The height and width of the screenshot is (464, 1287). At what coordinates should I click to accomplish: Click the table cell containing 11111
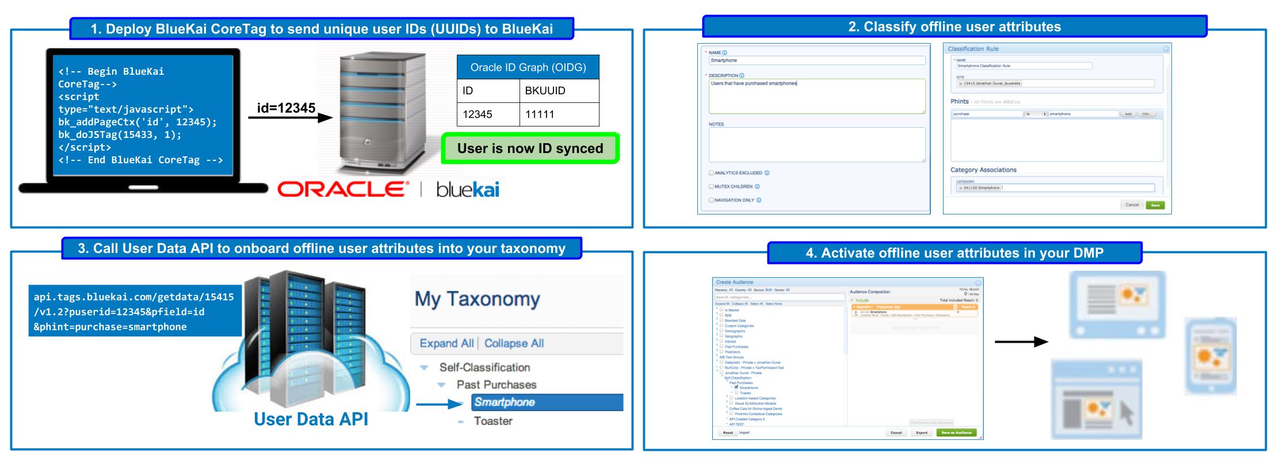(558, 114)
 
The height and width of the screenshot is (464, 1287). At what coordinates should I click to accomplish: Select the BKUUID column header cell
(558, 91)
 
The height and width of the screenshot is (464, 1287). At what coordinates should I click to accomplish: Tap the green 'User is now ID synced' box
(530, 148)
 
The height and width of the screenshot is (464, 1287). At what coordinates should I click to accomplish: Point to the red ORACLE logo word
(343, 189)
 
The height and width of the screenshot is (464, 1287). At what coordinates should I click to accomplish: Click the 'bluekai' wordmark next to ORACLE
(467, 189)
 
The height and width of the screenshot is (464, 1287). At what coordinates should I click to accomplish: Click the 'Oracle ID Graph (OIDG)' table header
(528, 67)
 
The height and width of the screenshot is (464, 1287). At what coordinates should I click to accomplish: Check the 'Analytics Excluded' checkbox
(711, 173)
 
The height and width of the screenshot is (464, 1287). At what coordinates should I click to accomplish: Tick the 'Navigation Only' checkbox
(711, 201)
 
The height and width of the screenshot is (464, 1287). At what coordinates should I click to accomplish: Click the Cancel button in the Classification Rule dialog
(1132, 205)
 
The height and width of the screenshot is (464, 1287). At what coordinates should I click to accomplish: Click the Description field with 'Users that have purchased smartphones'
(816, 95)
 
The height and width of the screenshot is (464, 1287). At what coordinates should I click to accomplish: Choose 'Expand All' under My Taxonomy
(446, 343)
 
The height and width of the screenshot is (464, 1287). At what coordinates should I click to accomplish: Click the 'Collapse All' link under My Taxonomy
(514, 343)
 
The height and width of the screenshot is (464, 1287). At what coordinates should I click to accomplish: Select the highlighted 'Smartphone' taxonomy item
(547, 402)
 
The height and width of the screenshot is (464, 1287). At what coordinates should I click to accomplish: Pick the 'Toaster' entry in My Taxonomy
(493, 421)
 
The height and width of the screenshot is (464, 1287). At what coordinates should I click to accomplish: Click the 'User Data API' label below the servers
(311, 419)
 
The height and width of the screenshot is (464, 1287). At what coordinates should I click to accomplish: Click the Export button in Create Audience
(922, 432)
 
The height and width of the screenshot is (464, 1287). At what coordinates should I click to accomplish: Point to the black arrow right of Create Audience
(1021, 342)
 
